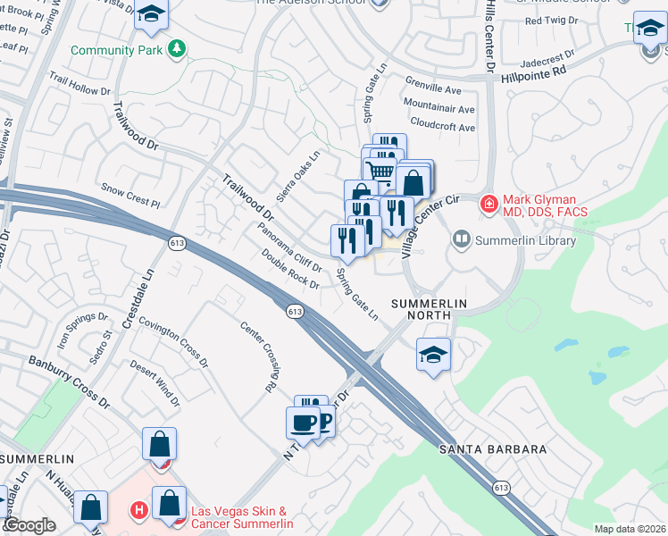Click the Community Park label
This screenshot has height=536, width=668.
coord(116,50)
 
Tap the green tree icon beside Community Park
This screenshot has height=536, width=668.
coord(179,49)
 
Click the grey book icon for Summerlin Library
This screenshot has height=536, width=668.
coord(462,239)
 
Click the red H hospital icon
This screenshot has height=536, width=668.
coord(138,512)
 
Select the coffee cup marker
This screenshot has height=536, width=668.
coord(302,423)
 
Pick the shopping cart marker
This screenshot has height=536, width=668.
coord(381,171)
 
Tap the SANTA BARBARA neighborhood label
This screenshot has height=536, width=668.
coord(491,448)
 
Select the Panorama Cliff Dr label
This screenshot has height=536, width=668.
coord(288,247)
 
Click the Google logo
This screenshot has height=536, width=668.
coord(29,525)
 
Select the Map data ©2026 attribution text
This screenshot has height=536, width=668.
coord(630,529)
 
